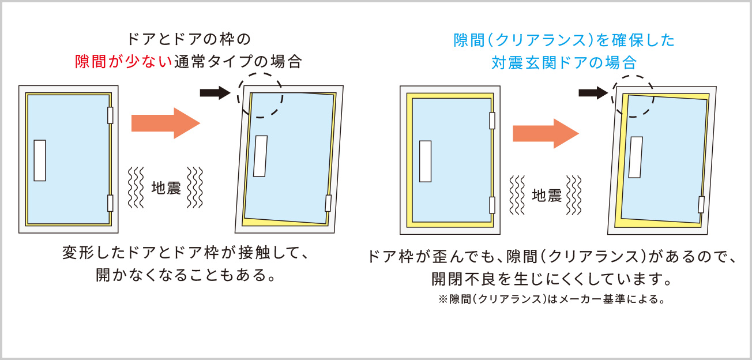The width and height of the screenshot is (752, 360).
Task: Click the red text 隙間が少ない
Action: [123, 62]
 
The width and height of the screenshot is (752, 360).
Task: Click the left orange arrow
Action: [166, 123]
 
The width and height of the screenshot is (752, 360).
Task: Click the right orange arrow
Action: [546, 133]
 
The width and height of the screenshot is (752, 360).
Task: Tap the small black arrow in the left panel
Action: [215, 93]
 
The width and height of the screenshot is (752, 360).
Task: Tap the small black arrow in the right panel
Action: [593, 93]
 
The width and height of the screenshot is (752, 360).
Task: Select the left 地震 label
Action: [166, 187]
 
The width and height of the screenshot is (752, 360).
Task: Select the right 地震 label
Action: [547, 195]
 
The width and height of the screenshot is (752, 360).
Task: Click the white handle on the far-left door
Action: [40, 160]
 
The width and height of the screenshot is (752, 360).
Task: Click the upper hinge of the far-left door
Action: [110, 115]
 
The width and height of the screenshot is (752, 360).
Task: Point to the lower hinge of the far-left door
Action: [110, 203]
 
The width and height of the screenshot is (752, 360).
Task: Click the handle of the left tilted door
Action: [260, 156]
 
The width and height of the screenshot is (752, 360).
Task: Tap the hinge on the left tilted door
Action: [328, 203]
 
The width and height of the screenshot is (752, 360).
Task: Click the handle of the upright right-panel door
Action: [426, 162]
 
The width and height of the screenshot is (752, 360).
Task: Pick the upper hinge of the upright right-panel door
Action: [492, 121]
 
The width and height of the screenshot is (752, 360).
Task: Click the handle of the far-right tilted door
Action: [636, 157]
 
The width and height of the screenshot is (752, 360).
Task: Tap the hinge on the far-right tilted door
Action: [701, 204]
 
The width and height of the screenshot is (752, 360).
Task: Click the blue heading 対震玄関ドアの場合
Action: [564, 63]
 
